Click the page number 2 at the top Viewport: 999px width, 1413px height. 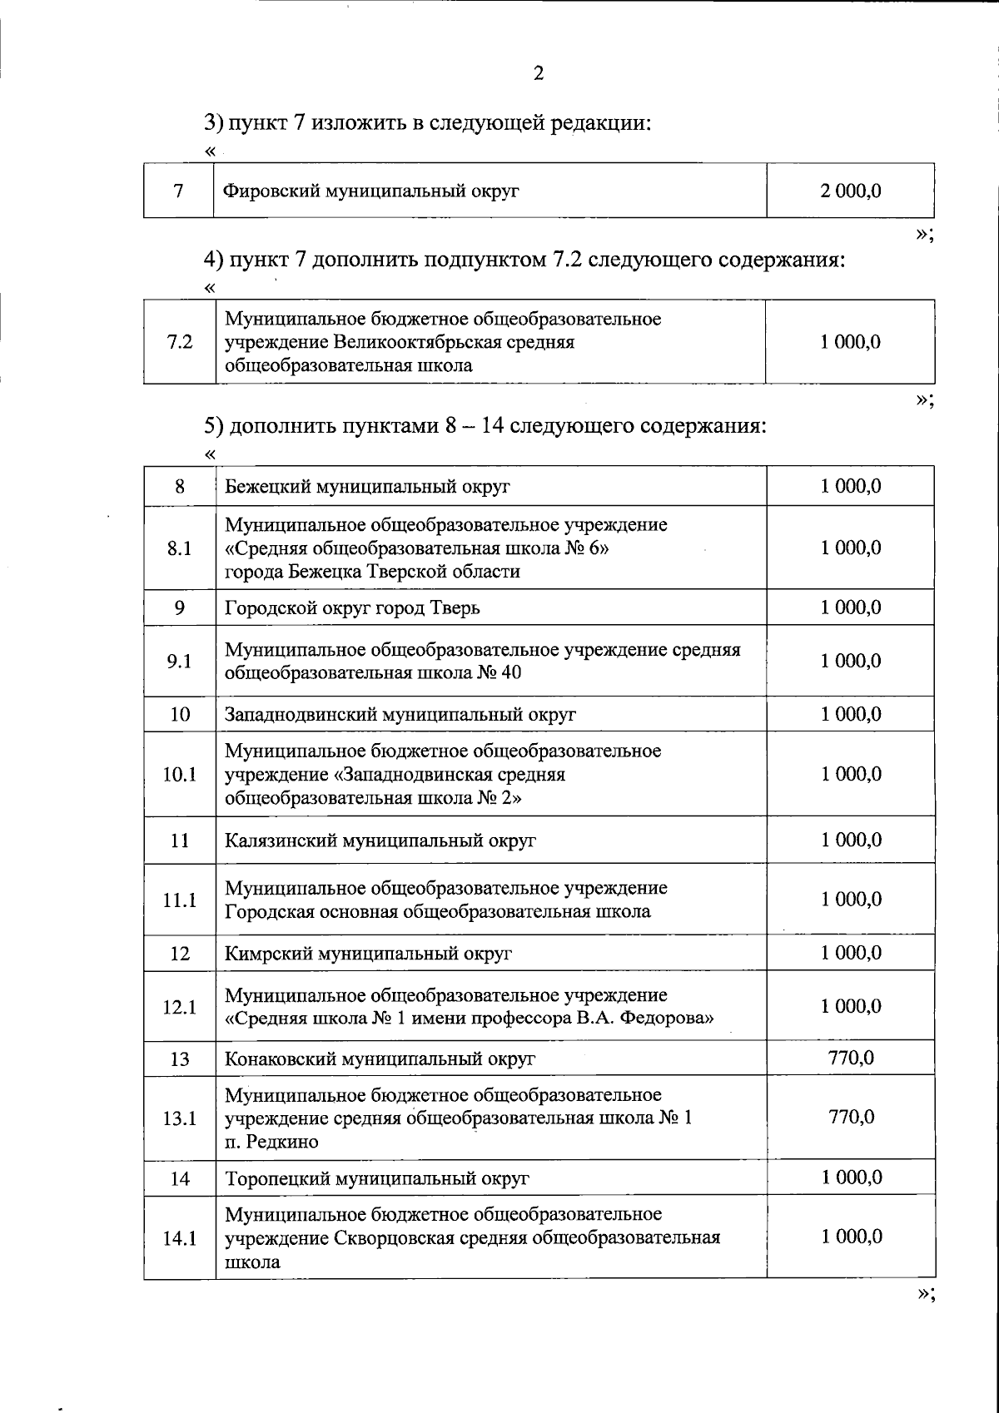click(538, 74)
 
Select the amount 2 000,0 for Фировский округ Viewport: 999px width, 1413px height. click(850, 191)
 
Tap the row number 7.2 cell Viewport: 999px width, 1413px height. click(179, 342)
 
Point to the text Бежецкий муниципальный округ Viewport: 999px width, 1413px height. click(367, 487)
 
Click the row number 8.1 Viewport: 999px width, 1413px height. click(179, 548)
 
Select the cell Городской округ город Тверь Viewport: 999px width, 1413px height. click(352, 608)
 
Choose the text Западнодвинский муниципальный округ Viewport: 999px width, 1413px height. click(400, 715)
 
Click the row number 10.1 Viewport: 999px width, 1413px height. click(179, 775)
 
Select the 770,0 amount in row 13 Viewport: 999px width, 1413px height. click(850, 1059)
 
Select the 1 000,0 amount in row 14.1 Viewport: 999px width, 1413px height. click(850, 1237)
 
